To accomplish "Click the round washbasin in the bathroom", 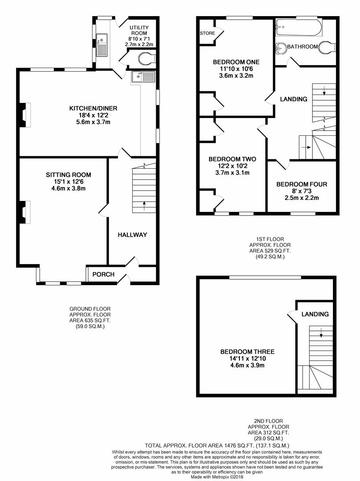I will pos(280,47).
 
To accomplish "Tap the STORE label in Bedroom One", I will pos(207,33).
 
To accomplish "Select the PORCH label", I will pos(103,274).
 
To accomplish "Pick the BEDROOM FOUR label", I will pos(302,184).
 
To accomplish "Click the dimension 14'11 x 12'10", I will pos(242,359).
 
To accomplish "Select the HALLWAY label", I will pos(132,235).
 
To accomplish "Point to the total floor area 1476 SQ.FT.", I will pos(217,445).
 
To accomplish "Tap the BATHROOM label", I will pos(302,47).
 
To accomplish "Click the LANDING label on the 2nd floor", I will pos(315,314).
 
